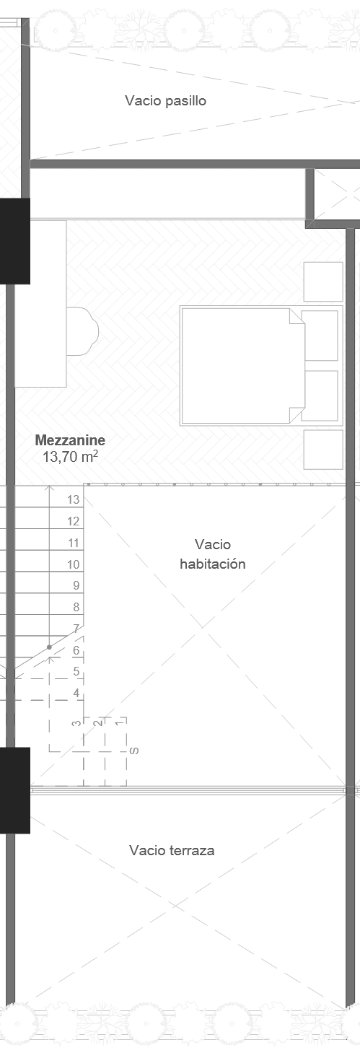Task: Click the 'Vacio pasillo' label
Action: tap(165, 100)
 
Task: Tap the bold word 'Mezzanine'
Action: tap(70, 440)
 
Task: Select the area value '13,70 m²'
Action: tap(70, 456)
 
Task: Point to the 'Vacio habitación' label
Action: tap(212, 554)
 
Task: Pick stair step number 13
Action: tap(73, 499)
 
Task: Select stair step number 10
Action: tap(73, 564)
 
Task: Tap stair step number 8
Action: tap(76, 608)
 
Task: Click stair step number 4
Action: tap(76, 693)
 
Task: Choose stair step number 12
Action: tap(73, 521)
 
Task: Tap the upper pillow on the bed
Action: tap(319, 335)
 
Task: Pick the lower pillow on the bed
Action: tap(319, 395)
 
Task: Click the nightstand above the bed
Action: tap(322, 281)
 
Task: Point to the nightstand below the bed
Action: tap(322, 450)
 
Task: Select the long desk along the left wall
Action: tap(41, 303)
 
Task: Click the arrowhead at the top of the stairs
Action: tap(49, 489)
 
